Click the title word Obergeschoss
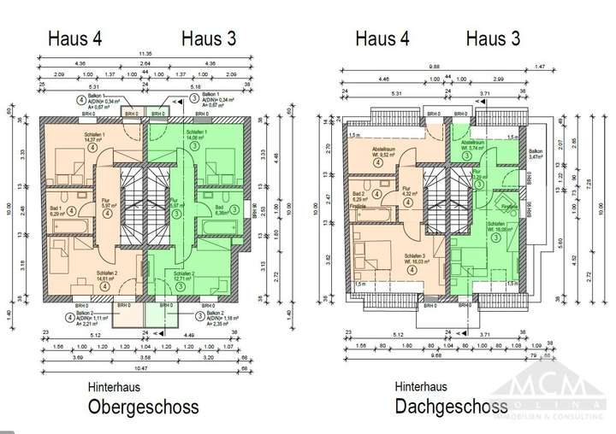(144, 407)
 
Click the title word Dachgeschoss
(451, 407)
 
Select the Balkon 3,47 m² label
(536, 155)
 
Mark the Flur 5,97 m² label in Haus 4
(107, 204)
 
